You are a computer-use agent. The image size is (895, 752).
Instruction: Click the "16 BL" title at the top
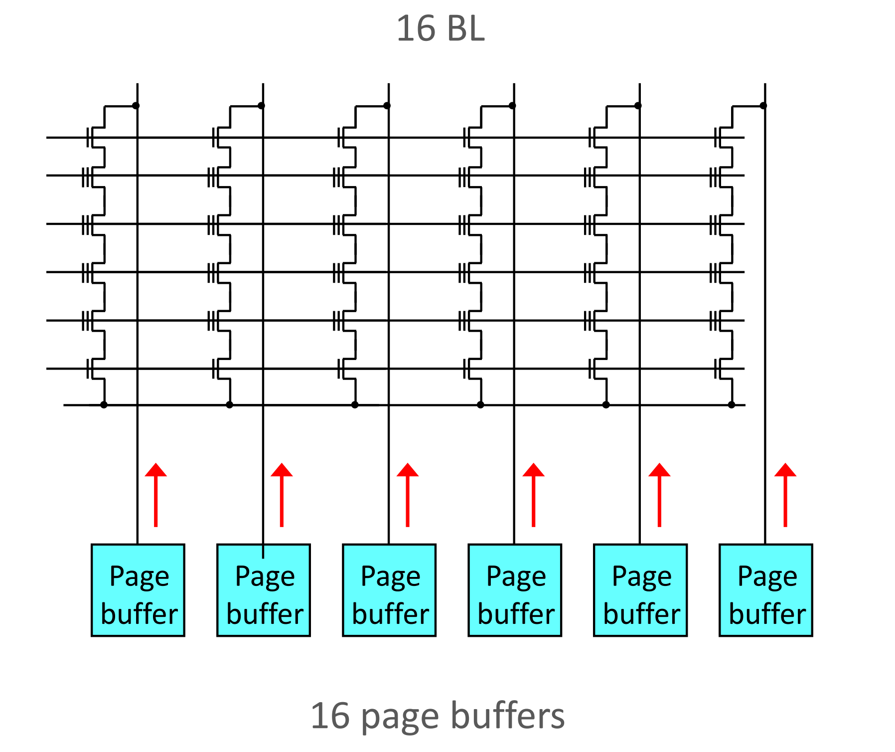click(440, 28)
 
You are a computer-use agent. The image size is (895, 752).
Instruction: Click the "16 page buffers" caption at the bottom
click(438, 716)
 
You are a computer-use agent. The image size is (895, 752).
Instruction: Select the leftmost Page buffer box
click(138, 590)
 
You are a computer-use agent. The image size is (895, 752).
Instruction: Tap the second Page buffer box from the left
click(264, 590)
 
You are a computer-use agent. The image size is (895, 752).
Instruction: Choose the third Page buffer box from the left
click(389, 590)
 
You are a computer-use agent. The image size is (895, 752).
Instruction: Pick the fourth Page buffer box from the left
click(515, 590)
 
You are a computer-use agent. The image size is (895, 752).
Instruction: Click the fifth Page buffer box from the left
click(640, 590)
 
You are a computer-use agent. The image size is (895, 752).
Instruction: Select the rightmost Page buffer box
click(766, 590)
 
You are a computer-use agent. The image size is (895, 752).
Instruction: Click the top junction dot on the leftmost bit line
click(136, 106)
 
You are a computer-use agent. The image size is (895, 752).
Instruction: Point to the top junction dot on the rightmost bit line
click(763, 106)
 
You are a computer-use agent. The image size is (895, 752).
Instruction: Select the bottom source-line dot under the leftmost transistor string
click(104, 404)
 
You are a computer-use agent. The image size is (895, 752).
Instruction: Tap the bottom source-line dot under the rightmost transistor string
click(732, 404)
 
